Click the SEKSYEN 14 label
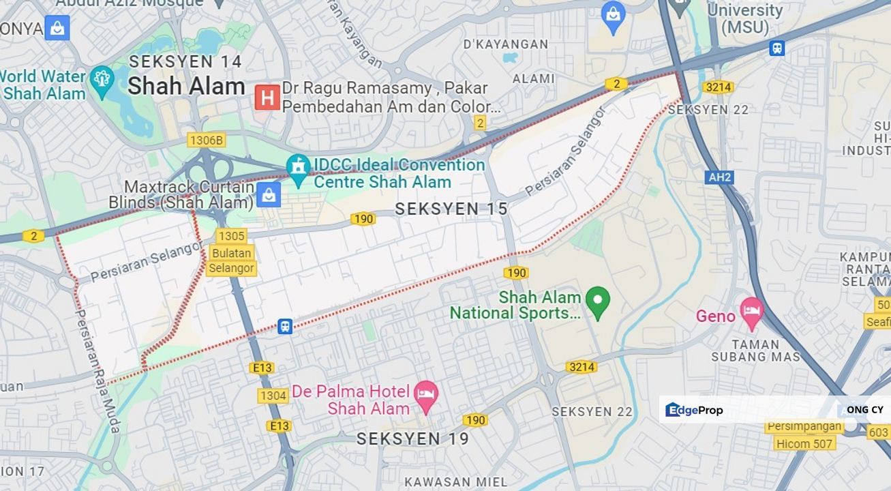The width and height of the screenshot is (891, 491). [185, 61]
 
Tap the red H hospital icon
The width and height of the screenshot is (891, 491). [267, 98]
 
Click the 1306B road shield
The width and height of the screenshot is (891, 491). [207, 140]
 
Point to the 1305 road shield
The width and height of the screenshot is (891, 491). [231, 236]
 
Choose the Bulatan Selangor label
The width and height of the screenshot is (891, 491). [231, 261]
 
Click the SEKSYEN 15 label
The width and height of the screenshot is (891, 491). [451, 209]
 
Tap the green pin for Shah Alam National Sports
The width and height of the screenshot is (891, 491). [598, 301]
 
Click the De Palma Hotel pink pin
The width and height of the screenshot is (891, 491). [426, 396]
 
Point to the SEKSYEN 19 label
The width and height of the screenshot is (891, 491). [413, 438]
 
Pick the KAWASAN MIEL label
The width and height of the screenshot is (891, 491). [455, 481]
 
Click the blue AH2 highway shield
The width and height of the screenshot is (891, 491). [719, 177]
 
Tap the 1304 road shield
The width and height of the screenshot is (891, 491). [273, 396]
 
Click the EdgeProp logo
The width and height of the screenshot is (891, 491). [694, 410]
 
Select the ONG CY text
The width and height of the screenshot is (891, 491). [864, 410]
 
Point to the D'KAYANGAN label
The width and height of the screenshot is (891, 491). [505, 44]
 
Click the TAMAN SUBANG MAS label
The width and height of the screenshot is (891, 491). [755, 351]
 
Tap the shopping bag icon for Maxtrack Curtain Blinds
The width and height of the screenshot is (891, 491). [269, 195]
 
